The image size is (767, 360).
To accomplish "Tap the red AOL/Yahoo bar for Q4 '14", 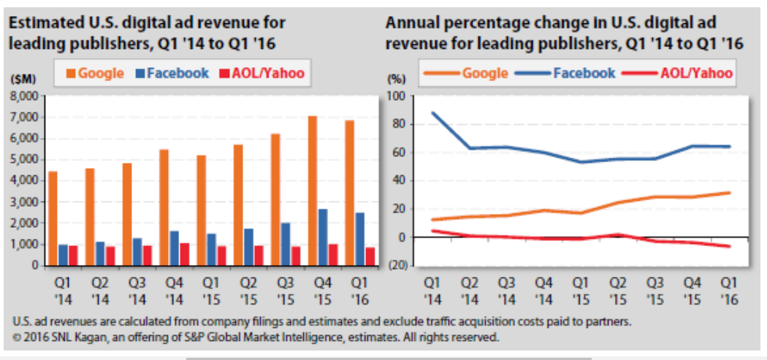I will pos(184,254).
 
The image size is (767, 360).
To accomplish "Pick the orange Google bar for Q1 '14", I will pos(53,218).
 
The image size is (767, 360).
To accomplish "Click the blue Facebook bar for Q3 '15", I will pos(286,244).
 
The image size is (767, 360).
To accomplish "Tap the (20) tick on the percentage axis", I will pos(397,265).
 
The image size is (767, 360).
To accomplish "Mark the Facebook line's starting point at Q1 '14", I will pos(432,113).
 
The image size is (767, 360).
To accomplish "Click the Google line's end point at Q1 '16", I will pos(728,193).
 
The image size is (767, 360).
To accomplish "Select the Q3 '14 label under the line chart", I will pos(506,290).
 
